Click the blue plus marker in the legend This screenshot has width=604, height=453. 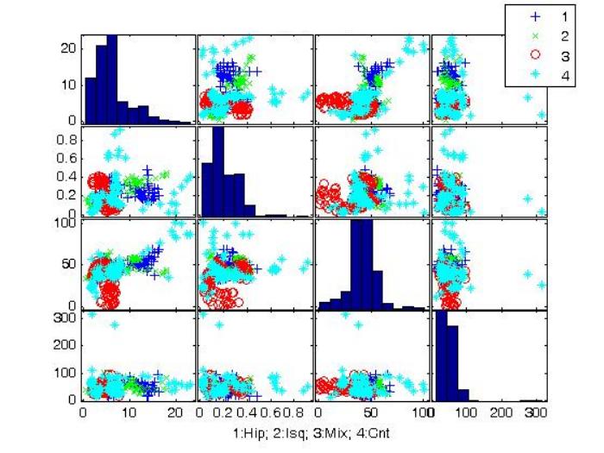536,16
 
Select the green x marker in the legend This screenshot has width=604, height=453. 536,35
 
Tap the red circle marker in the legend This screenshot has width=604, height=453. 536,54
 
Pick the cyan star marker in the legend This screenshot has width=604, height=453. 536,74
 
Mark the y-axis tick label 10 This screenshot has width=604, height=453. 69,85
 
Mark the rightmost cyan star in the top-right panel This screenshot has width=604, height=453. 542,115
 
